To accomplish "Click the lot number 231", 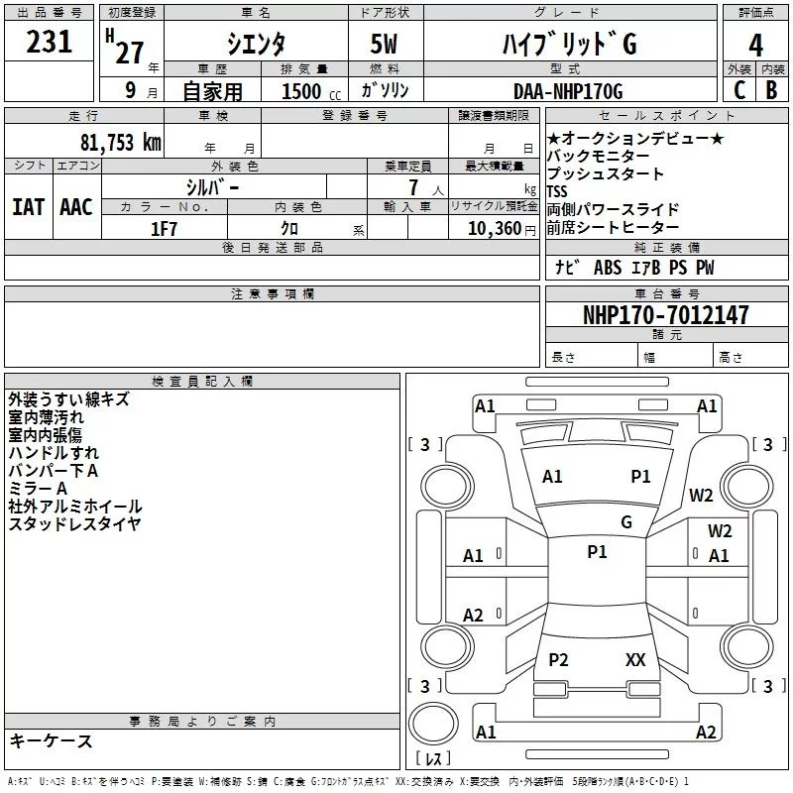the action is point(50,43).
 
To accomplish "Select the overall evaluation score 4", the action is point(756,45).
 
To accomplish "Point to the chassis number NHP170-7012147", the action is point(665,315).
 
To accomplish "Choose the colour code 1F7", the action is point(164,228).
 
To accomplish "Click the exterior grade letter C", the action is point(738,91).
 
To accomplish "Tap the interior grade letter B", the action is point(772,91).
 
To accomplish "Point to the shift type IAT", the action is point(28,207).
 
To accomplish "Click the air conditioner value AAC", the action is point(75,207).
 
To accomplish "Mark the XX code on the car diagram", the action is point(635,659).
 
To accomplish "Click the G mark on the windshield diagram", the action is point(625,522).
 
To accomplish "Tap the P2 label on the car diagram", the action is point(558,659).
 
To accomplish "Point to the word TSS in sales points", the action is point(559,191).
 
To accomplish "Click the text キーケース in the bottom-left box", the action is point(51,741).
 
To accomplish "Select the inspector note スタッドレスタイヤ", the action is point(74,524).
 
